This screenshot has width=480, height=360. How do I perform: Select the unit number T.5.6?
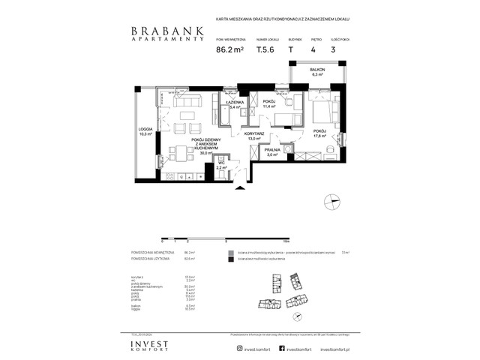point(265,51)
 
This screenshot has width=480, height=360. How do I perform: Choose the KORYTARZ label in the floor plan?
point(254,136)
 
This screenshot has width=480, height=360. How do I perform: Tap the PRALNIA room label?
point(273,151)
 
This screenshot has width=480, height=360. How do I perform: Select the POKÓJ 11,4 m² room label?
point(268,104)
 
